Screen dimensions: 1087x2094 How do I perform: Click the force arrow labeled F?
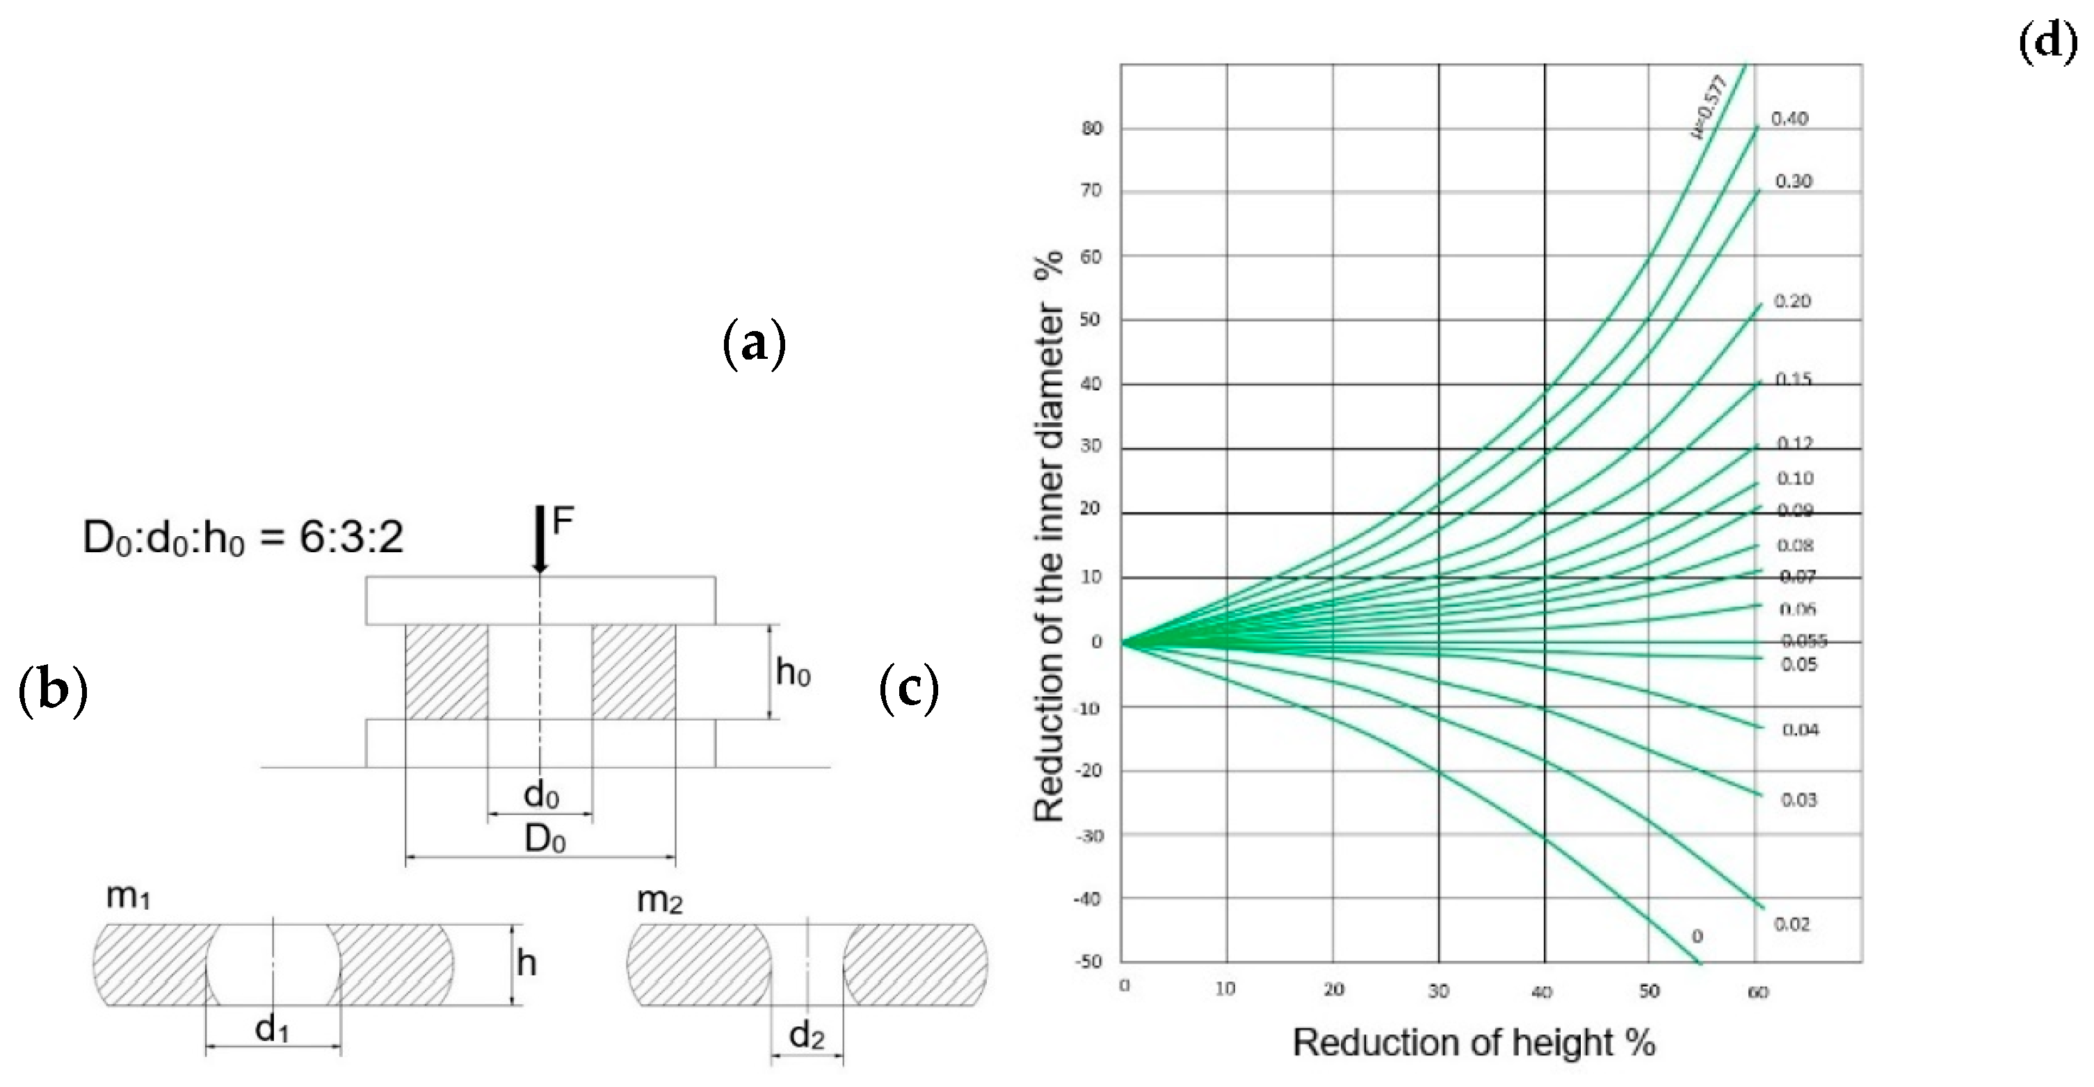(540, 538)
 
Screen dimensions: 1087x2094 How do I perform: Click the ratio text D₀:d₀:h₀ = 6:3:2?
(243, 538)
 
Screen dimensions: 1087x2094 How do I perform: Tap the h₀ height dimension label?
(793, 673)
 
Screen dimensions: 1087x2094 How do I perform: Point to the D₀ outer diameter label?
(545, 838)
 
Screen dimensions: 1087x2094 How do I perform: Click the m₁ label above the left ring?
(128, 896)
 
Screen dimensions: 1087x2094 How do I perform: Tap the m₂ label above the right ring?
(659, 900)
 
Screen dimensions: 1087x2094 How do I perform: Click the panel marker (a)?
(755, 344)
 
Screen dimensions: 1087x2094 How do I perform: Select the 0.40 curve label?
(1790, 119)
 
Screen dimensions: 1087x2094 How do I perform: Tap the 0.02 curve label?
(1791, 924)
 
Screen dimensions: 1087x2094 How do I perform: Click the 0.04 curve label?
(1801, 730)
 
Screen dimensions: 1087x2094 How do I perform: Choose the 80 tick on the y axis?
(1092, 129)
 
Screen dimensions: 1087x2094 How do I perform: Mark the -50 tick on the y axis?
(1088, 962)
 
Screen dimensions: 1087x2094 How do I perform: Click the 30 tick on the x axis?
(1438, 991)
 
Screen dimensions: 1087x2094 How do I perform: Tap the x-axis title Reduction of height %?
(1474, 1042)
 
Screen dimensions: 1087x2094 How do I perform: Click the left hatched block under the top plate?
(446, 672)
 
